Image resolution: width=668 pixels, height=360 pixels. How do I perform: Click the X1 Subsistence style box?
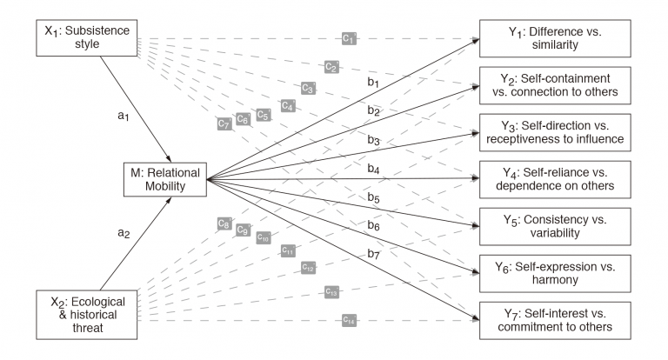click(88, 37)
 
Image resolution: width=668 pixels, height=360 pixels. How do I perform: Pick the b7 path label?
click(373, 254)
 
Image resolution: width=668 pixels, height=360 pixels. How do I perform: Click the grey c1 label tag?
click(348, 38)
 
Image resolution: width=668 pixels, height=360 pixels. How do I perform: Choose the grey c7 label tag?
click(224, 123)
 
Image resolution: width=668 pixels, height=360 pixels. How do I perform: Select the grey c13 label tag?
click(331, 292)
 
